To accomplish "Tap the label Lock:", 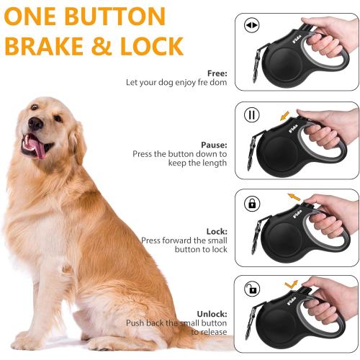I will (216, 231).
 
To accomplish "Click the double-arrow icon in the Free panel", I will (251, 26).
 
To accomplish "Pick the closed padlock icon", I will (251, 204).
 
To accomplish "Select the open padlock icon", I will (251, 289).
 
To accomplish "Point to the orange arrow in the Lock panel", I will (294, 196).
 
